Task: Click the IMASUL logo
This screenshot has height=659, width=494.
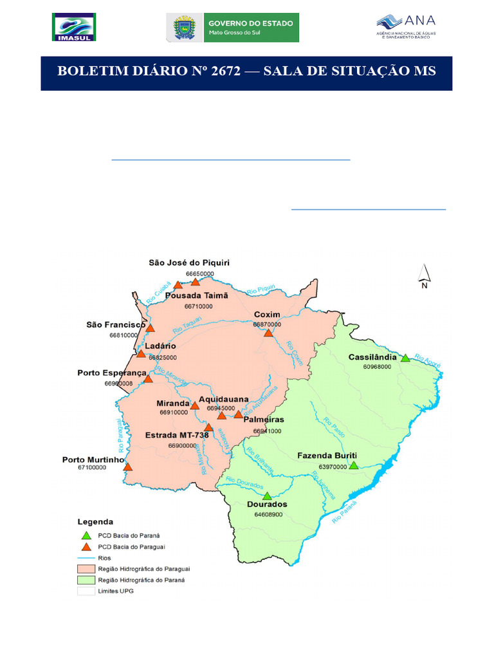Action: (x=73, y=28)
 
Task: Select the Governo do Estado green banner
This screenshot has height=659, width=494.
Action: (x=250, y=28)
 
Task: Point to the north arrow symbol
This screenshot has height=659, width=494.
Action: (x=425, y=276)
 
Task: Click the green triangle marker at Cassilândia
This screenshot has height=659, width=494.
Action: (x=405, y=358)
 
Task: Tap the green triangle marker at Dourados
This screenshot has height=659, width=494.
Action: (x=267, y=496)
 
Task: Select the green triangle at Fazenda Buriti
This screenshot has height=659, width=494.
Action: (x=353, y=465)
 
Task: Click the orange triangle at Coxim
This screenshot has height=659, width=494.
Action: (x=269, y=333)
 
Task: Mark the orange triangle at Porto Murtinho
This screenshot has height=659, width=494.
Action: (x=127, y=467)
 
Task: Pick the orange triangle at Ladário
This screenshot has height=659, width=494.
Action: (x=141, y=353)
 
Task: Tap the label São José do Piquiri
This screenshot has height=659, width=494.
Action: (x=189, y=263)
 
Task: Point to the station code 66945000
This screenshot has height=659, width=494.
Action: (x=221, y=408)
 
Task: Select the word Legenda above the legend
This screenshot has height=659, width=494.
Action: (x=95, y=521)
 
